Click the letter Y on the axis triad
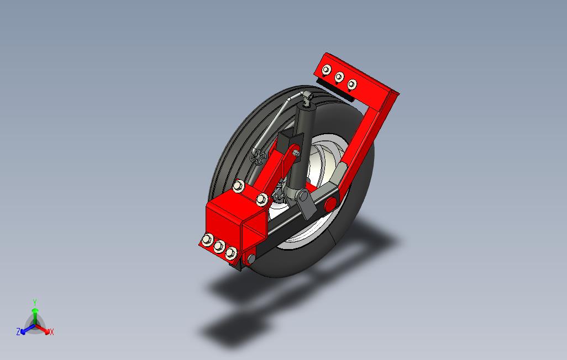[35, 302]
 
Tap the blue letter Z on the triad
[18, 331]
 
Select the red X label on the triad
[52, 331]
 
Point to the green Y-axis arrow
[35, 316]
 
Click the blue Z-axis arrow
[28, 329]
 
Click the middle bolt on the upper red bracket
[339, 77]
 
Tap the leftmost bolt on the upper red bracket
[327, 70]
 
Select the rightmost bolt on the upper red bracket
[352, 84]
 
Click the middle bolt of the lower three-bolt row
[219, 246]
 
